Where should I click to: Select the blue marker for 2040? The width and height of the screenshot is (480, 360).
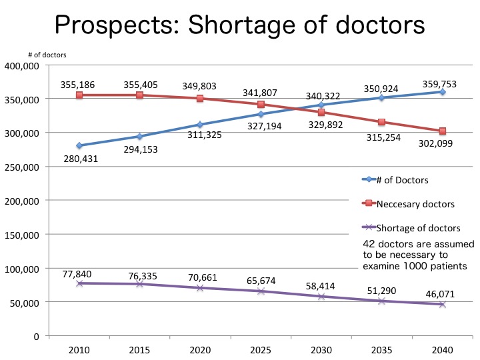click(x=441, y=91)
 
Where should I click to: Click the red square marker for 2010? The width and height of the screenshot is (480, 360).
click(x=79, y=95)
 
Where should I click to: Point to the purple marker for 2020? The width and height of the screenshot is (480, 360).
click(x=199, y=288)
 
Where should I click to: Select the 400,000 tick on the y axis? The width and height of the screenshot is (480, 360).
click(x=23, y=65)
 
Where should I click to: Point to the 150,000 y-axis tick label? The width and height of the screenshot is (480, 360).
click(x=23, y=235)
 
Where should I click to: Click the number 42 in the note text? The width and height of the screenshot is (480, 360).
click(x=369, y=243)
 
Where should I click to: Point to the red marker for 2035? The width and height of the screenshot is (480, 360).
click(x=381, y=122)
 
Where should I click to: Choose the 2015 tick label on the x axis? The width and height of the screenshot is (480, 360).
click(x=139, y=349)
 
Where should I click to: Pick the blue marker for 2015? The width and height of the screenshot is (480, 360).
click(x=139, y=137)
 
